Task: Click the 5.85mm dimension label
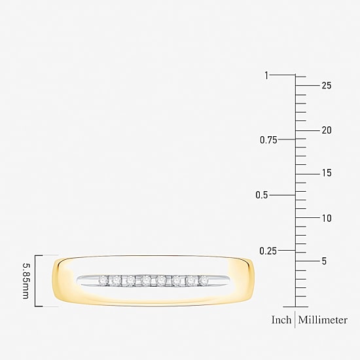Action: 26,281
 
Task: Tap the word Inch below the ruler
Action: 281,320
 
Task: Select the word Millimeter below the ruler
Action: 323,320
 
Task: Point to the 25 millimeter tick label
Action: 327,85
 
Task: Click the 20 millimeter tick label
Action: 327,130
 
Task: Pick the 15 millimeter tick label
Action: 327,173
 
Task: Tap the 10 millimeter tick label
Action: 327,218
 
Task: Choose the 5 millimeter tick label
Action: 324,261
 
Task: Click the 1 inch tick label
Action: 266,75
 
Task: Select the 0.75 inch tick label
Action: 268,140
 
